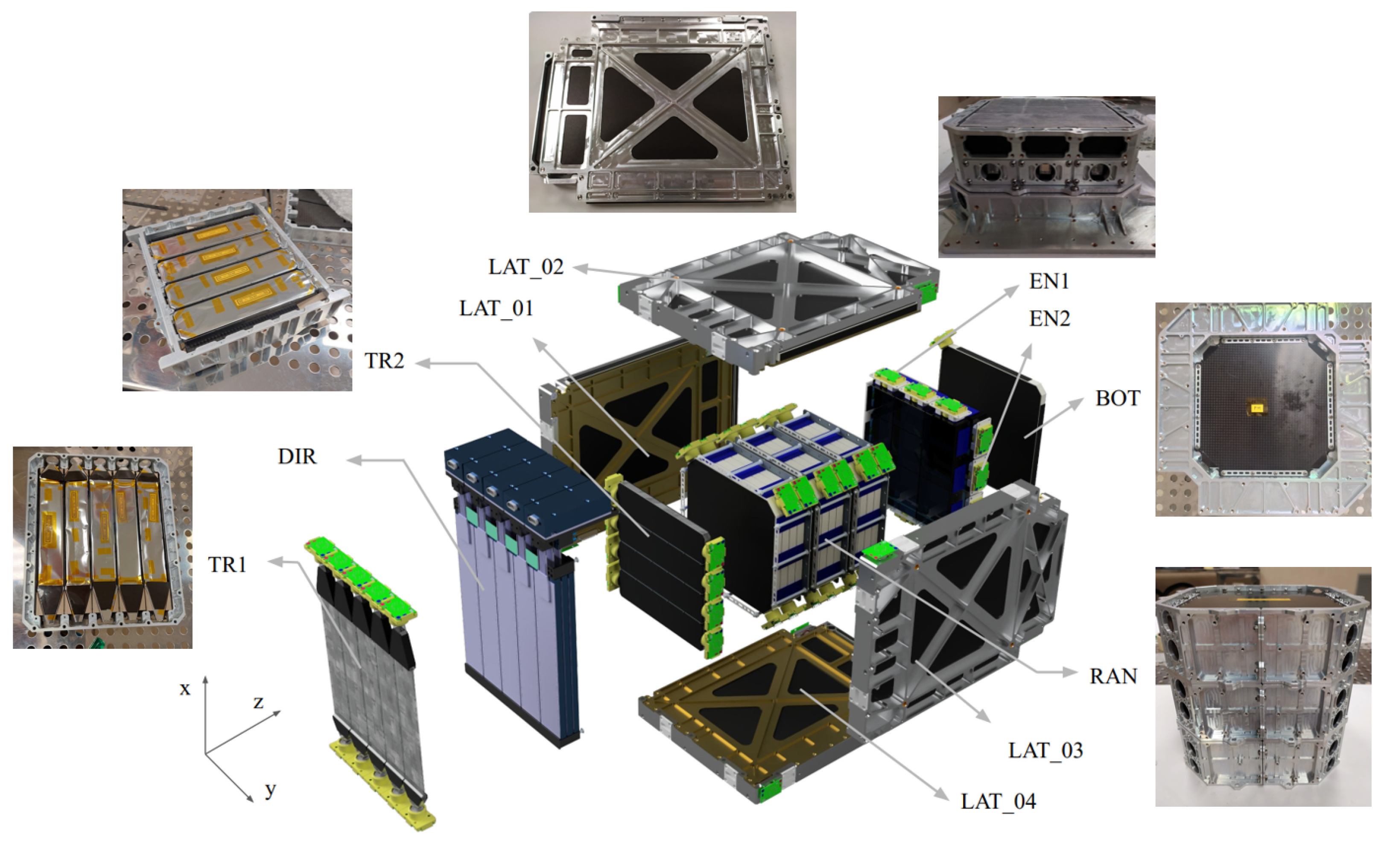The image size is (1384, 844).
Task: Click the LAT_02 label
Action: point(526,267)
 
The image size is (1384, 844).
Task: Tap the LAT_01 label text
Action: point(496,308)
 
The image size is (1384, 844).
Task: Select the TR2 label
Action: point(384,360)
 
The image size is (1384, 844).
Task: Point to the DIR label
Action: point(297,456)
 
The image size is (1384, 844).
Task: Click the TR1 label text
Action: point(227,564)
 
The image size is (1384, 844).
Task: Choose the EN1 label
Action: point(1048,281)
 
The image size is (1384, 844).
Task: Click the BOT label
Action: point(1117,398)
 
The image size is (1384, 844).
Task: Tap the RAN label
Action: point(1112,676)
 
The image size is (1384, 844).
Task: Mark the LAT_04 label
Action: point(998,801)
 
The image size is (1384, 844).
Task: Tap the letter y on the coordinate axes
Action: point(270,790)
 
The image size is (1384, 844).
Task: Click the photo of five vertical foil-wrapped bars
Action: point(103,547)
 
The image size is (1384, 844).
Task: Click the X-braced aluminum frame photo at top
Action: point(662,112)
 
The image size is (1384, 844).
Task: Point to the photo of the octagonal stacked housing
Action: point(1263,686)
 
